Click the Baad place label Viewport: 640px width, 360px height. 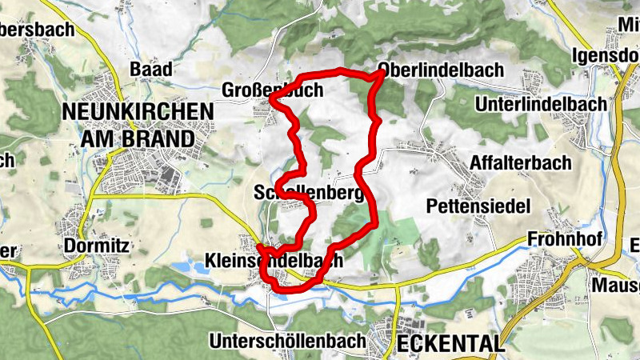tap(150, 69)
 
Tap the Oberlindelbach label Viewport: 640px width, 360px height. tap(441, 70)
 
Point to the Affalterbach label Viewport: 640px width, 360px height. tap(521, 163)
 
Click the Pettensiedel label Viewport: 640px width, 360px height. tap(478, 206)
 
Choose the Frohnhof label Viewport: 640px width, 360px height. tap(564, 239)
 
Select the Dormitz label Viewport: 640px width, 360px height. tap(96, 245)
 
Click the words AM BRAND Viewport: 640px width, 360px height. tap(136, 138)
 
